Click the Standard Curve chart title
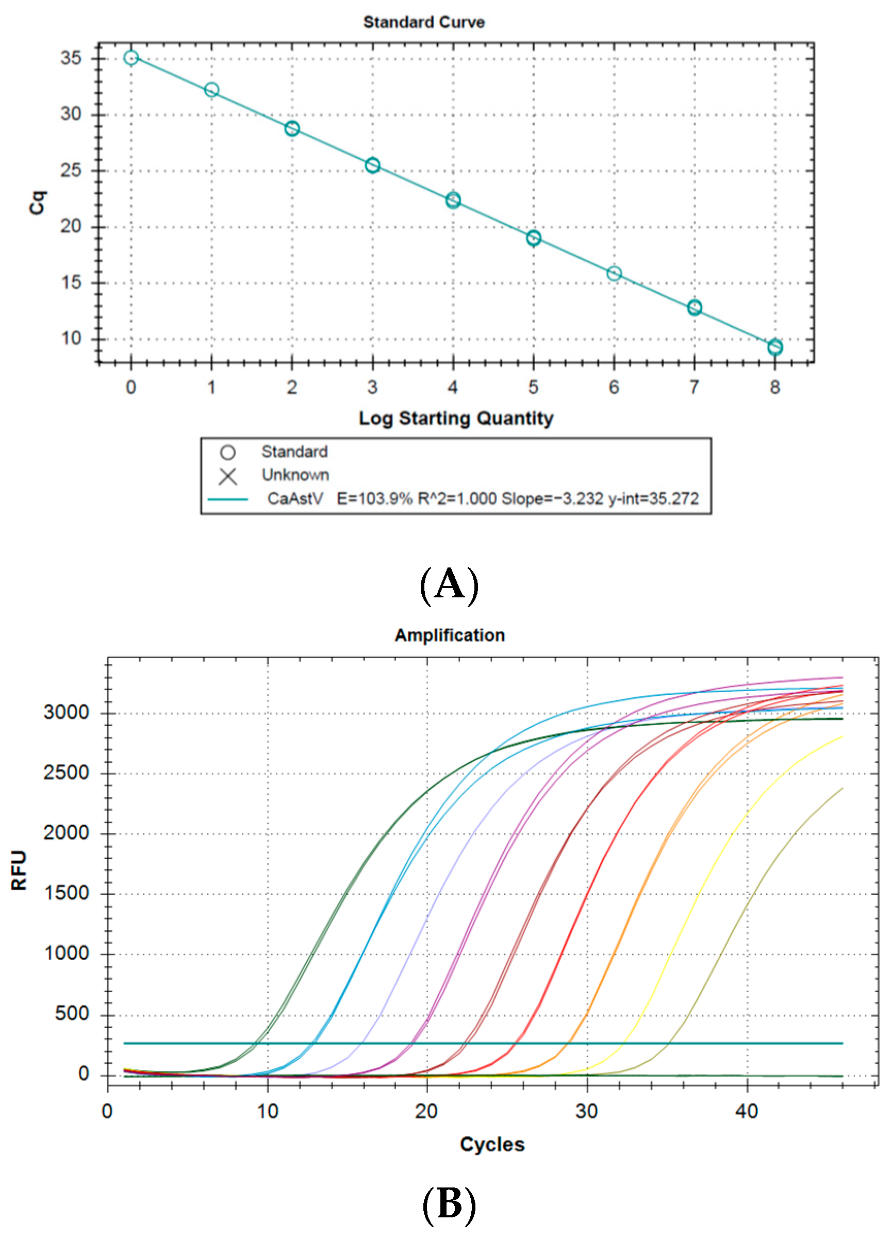(424, 22)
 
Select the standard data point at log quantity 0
(130, 58)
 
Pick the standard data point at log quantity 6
(614, 273)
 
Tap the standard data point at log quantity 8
(774, 347)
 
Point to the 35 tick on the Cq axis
(71, 58)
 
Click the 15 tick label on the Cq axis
(71, 282)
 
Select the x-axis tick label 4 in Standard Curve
(453, 388)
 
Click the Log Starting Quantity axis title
(456, 418)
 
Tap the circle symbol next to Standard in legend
(228, 453)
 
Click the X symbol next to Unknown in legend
(228, 477)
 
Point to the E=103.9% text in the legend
(374, 499)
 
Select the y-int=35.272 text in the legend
(653, 499)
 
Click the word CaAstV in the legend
(295, 499)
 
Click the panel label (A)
(449, 585)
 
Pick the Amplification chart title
(449, 635)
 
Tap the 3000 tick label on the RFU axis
(66, 712)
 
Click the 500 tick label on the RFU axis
(72, 1014)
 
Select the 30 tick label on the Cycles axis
(587, 1111)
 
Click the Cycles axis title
(492, 1145)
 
